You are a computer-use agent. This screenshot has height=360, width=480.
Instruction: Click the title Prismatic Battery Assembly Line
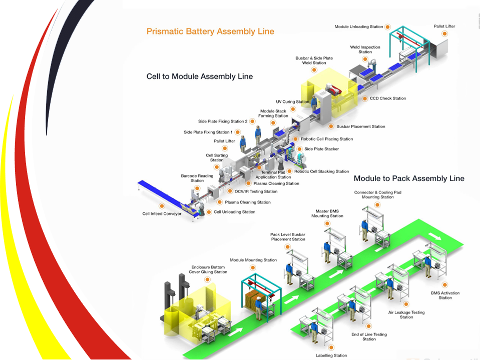tap(210, 31)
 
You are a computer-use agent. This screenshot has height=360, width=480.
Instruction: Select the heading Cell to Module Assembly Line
tap(199, 76)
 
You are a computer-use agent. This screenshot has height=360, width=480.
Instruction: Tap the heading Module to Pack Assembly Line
tap(409, 178)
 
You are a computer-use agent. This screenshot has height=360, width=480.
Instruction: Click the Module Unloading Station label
tap(359, 26)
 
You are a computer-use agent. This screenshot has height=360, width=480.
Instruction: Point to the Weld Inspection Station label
tap(365, 49)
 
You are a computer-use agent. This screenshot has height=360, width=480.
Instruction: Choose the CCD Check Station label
tap(387, 98)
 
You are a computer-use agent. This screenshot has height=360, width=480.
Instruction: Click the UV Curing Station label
tap(293, 102)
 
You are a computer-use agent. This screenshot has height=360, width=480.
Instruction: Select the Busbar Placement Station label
tap(360, 126)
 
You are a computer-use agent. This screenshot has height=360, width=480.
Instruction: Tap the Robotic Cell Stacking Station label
tap(321, 171)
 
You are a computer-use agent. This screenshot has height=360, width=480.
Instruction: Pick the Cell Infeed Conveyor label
tap(162, 214)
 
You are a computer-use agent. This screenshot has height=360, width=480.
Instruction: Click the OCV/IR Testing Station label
tap(256, 191)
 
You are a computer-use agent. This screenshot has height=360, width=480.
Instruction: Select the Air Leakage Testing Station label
tap(406, 314)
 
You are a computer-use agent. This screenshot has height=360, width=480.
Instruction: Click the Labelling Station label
tap(331, 355)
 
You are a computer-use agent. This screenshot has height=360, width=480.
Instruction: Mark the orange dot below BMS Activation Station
tap(444, 284)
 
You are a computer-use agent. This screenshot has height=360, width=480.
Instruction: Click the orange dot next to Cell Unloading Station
tap(209, 212)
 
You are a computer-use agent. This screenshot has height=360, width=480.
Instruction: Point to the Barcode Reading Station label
tap(197, 178)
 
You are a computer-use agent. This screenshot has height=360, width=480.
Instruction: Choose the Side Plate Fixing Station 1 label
tap(208, 132)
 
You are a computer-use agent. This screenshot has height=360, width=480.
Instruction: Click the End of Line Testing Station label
tap(369, 336)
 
